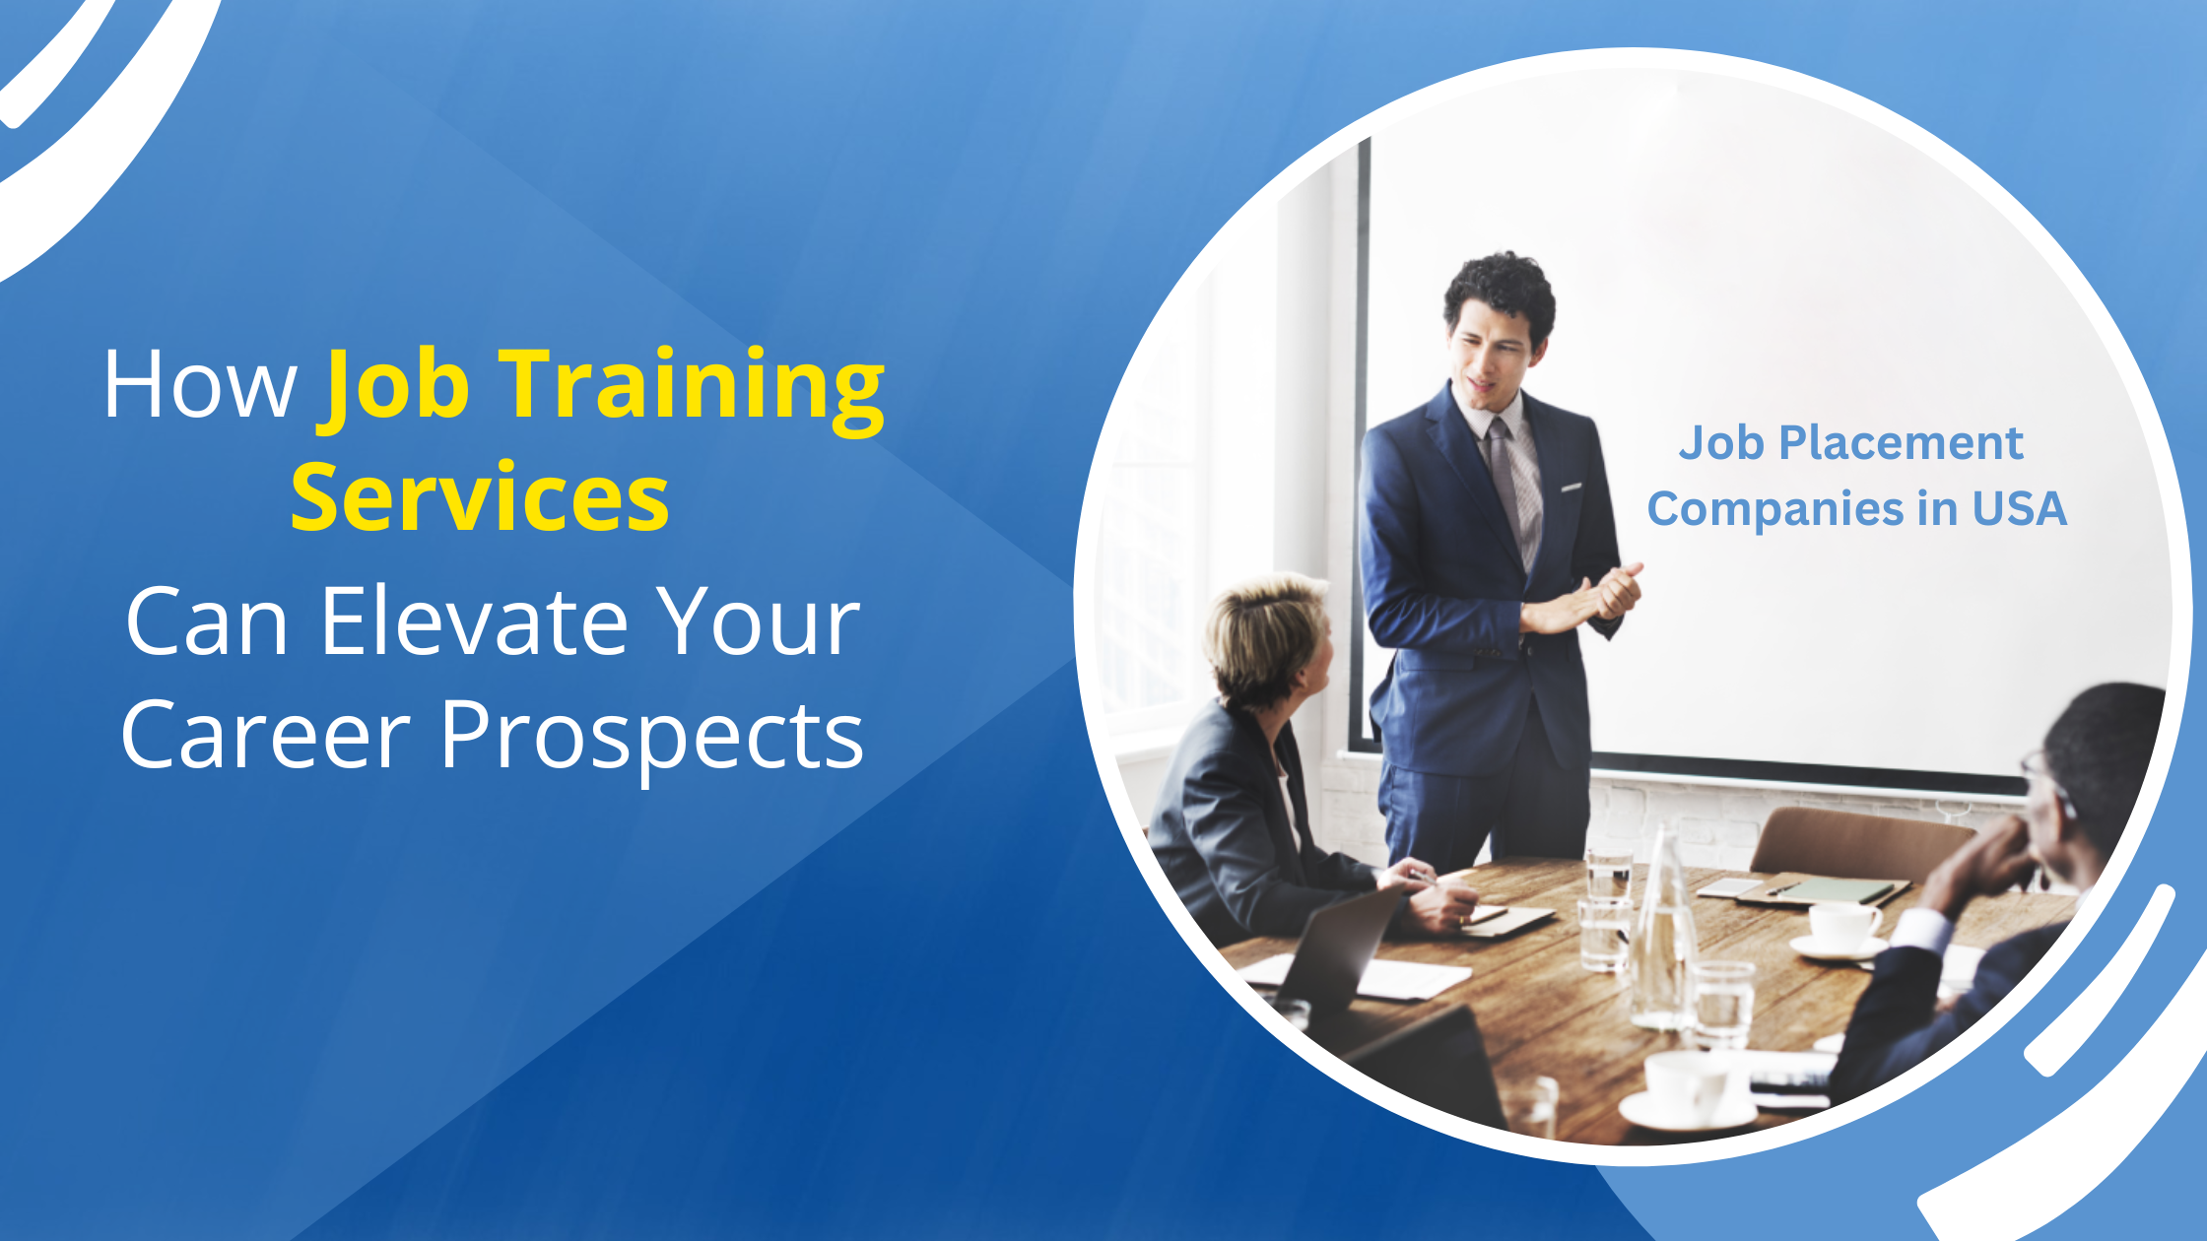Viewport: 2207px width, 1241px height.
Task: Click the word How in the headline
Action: (x=200, y=384)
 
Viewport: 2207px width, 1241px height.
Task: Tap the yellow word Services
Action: (x=480, y=498)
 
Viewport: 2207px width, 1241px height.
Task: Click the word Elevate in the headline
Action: (x=475, y=621)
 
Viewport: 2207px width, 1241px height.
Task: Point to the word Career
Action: (x=265, y=735)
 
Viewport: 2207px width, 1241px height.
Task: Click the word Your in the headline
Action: (x=760, y=621)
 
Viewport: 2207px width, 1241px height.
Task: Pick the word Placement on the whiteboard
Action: (x=1901, y=444)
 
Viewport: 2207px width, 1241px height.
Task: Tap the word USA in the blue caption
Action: (x=2019, y=509)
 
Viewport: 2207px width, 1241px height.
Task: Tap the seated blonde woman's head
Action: (x=1266, y=639)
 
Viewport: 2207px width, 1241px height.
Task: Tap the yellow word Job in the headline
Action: (x=394, y=389)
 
